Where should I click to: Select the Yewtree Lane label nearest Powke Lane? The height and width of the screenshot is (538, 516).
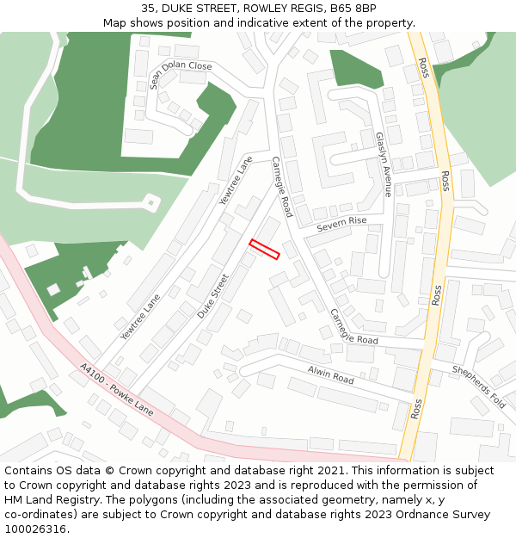[x=140, y=318]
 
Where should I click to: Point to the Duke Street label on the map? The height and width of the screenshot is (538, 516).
[x=213, y=296]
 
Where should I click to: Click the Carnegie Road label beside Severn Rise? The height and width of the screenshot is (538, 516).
[x=282, y=187]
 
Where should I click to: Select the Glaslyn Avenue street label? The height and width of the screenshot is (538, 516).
[x=383, y=164]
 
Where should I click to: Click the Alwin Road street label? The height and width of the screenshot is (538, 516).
[x=331, y=374]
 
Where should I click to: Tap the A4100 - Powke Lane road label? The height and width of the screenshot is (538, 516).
[x=116, y=390]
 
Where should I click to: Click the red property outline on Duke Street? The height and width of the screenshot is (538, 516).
[x=265, y=249]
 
